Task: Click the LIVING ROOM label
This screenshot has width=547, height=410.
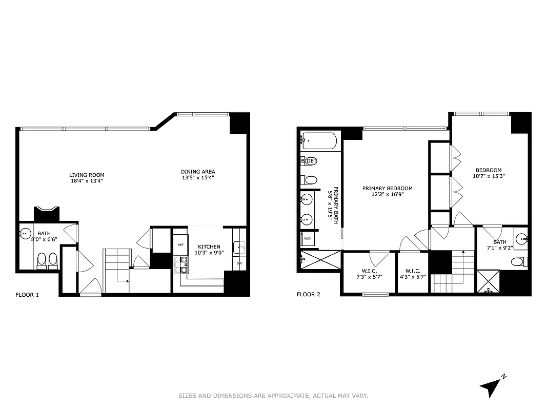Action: (87, 175)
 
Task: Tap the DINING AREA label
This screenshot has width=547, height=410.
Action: (198, 172)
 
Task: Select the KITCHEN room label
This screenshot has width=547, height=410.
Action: (209, 247)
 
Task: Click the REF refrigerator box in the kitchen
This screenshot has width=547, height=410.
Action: (180, 245)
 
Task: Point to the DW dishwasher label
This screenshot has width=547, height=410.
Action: (239, 263)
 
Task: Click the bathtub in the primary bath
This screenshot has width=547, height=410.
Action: (319, 140)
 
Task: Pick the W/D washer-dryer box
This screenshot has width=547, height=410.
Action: (308, 239)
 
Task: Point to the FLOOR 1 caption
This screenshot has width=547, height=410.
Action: (27, 295)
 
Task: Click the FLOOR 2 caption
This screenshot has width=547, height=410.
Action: (309, 295)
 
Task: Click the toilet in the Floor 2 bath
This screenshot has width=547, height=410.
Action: (519, 262)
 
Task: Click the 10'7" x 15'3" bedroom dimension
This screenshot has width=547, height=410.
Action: (489, 176)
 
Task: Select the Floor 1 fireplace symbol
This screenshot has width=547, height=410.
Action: (47, 213)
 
